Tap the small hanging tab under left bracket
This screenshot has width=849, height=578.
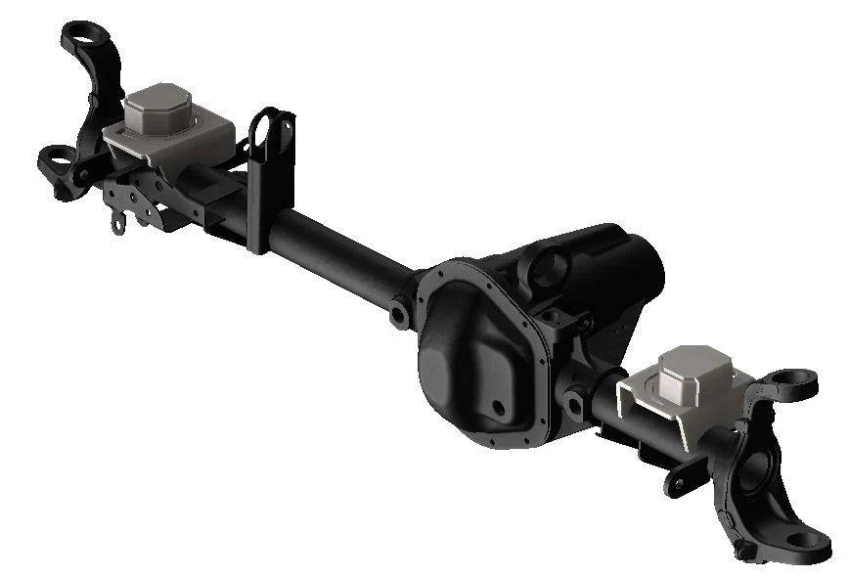(x=119, y=224)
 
